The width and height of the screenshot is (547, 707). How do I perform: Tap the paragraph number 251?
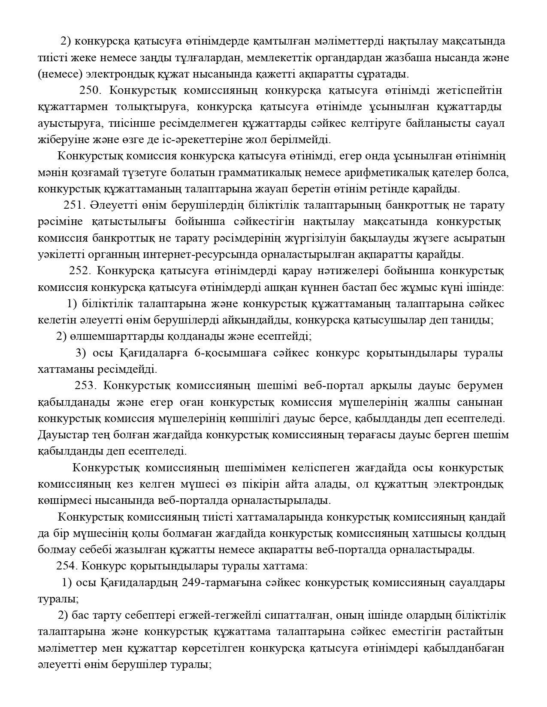(75, 205)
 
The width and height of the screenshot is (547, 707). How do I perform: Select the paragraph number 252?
(80, 271)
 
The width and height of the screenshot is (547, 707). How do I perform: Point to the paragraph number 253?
(86, 385)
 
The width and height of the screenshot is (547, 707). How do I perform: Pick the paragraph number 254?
(66, 566)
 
